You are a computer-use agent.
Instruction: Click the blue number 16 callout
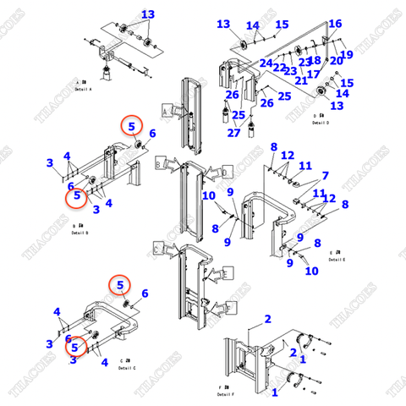[x=335, y=23]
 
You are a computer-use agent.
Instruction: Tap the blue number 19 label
[x=347, y=55]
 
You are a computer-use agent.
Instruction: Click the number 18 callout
[x=314, y=60]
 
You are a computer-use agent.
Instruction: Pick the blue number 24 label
[x=266, y=63]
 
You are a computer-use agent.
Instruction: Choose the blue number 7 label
[x=325, y=175]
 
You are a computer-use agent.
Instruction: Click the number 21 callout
[x=301, y=80]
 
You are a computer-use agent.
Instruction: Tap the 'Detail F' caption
[x=224, y=394]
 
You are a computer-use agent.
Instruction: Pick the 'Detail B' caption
[x=80, y=232]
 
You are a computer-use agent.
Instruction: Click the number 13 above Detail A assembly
[x=148, y=14]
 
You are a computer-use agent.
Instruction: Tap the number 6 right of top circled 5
[x=152, y=133]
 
